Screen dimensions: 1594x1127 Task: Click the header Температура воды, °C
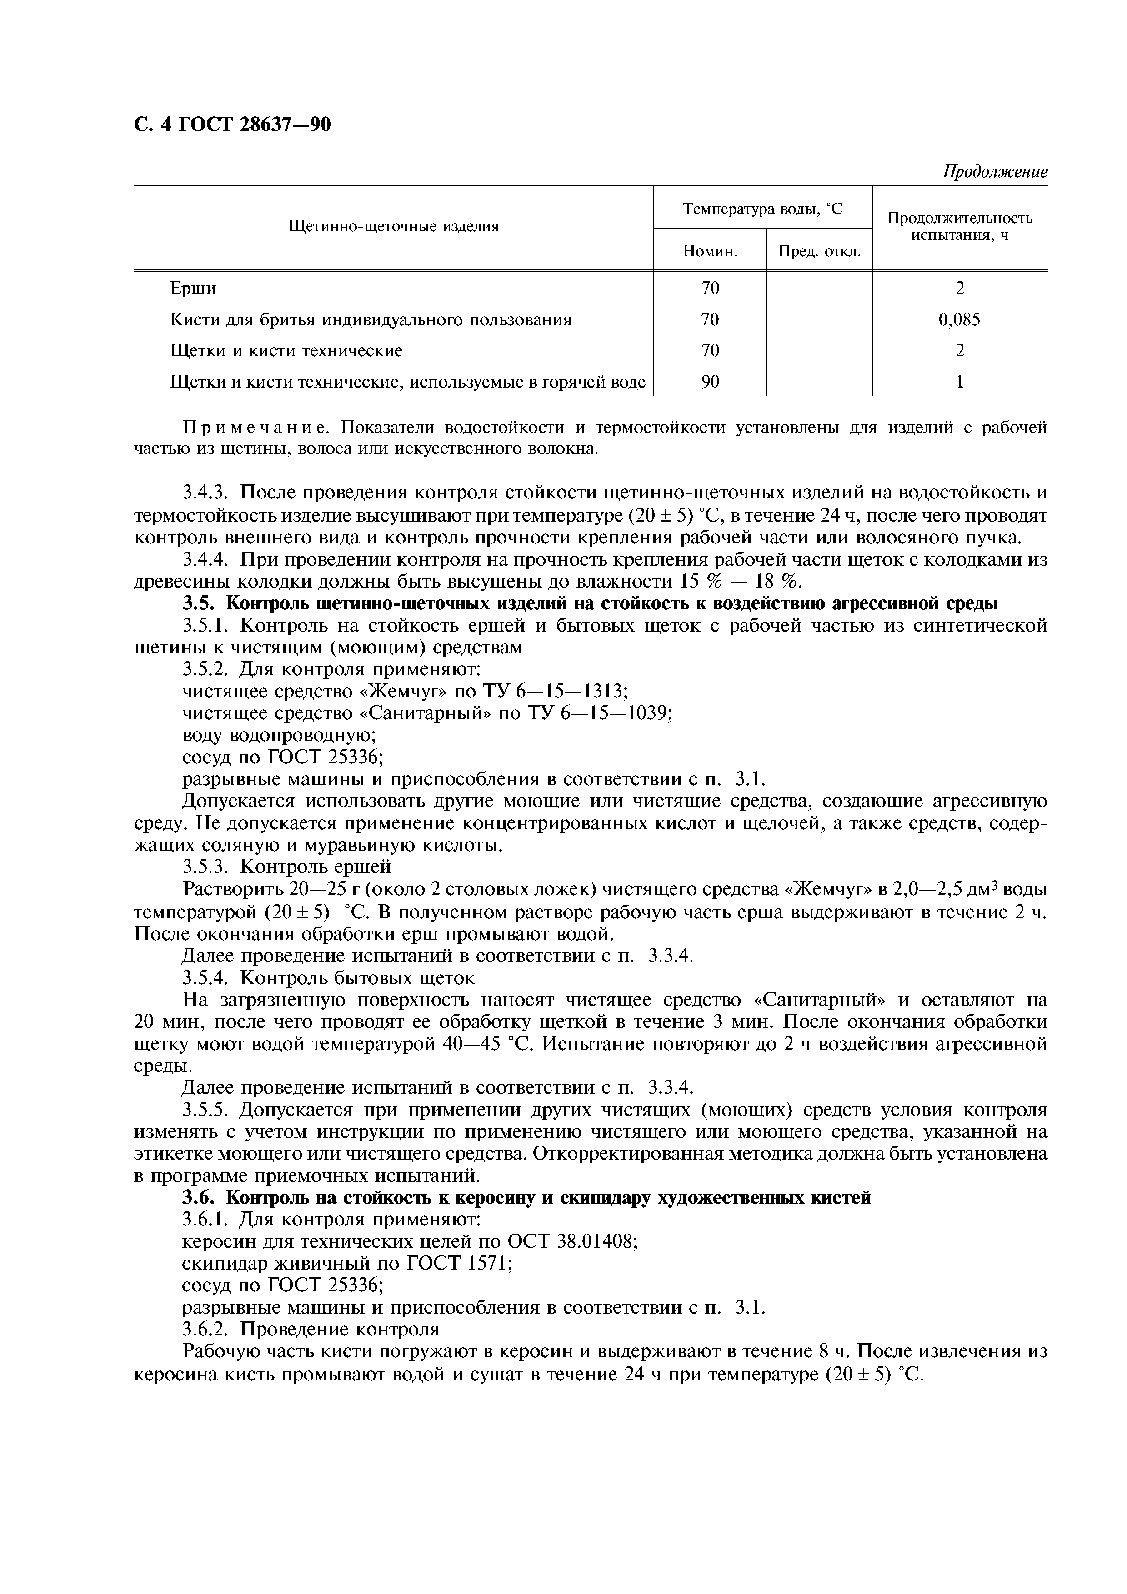tap(762, 208)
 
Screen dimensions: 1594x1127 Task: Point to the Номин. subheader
tap(710, 251)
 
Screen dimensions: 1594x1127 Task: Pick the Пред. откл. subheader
tap(819, 251)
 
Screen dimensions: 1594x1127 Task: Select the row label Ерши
tap(193, 288)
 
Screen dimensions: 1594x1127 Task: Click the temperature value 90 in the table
tap(710, 382)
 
